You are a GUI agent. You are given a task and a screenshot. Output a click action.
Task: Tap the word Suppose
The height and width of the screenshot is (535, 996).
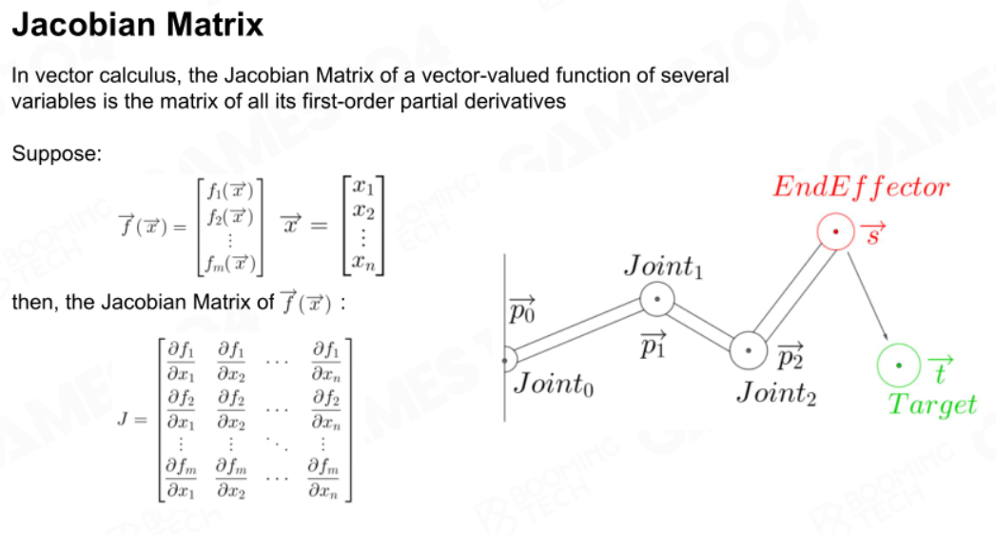coord(56,154)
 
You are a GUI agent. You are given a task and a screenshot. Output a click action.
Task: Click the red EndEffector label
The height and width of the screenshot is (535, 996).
coord(861,187)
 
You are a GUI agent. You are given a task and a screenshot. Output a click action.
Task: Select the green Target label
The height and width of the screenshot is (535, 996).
coord(932,405)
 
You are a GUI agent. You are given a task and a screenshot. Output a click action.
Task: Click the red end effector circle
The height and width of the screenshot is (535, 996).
coord(835,231)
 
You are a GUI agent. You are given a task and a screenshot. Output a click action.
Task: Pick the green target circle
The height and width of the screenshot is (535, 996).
coord(898,366)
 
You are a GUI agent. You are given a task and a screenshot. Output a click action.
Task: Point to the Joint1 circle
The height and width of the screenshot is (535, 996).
coord(656,299)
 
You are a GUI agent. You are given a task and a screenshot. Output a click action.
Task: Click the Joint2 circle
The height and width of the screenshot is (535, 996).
coord(749,350)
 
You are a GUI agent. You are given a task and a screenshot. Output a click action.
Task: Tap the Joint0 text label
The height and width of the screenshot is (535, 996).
coord(554,384)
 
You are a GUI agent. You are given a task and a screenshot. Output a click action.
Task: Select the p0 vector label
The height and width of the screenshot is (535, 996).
coord(521,309)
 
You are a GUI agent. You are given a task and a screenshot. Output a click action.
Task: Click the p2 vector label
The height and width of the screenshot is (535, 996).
coord(791,356)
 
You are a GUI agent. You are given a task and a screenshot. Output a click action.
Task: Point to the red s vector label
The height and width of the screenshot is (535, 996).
coord(872,234)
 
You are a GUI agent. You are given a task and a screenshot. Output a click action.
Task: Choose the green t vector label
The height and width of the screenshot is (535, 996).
coord(940,369)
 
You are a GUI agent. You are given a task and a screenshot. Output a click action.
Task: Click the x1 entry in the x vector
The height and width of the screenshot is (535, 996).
coord(363,187)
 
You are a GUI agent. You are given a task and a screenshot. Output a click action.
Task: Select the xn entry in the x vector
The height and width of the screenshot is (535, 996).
coord(363,262)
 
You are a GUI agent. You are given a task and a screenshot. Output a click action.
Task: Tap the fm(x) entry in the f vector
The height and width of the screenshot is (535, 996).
coord(230,263)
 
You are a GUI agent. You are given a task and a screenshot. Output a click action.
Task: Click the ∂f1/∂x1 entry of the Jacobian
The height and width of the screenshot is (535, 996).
coord(181,360)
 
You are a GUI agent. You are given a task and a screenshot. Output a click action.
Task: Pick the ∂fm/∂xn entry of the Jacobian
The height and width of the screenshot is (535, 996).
coord(323,478)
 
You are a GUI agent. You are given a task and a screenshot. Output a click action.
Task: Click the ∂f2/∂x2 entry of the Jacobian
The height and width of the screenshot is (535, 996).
coord(231,409)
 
